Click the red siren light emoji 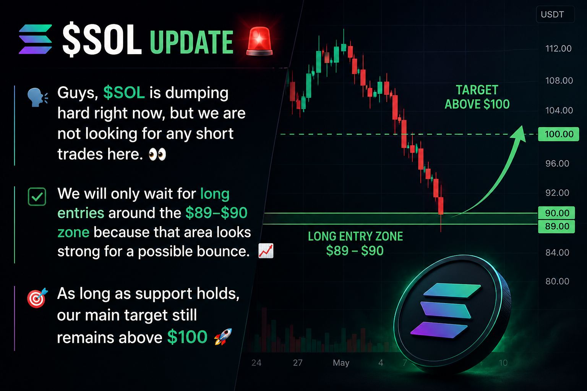pos(259,41)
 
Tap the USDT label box pos(555,15)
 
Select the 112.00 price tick pos(558,48)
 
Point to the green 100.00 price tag pos(558,134)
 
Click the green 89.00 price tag pos(556,226)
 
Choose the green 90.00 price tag pos(556,213)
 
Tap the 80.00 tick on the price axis pos(558,281)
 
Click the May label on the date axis pos(341,363)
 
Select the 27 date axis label pos(298,363)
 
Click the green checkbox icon pos(37,196)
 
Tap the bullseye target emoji pos(37,298)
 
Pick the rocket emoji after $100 pos(223,337)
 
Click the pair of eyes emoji pos(157,154)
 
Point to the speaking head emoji pos(37,97)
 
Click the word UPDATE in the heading pos(191,42)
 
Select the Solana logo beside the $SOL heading pos(36,39)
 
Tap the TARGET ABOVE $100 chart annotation pos(477,97)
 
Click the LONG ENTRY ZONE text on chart pos(355,236)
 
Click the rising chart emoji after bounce pos(266,250)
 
